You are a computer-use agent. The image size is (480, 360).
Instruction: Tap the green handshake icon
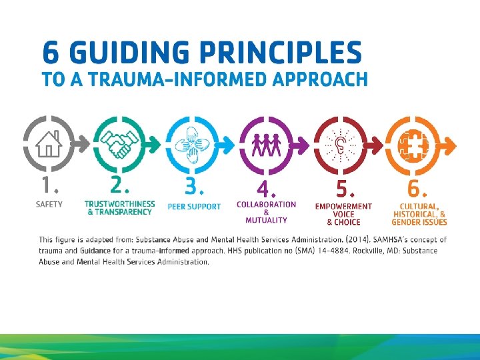tap(119, 143)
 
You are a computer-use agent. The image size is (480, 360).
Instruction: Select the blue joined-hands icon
tap(193, 143)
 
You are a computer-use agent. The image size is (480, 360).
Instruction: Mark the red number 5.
tap(343, 187)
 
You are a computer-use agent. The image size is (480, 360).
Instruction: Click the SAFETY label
tap(49, 205)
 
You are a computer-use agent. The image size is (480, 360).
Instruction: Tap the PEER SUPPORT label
tap(194, 207)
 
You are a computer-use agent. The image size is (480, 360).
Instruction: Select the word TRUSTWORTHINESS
tap(120, 204)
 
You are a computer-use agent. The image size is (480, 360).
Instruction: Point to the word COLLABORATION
tap(266, 204)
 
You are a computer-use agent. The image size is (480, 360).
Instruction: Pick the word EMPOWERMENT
tap(343, 206)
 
